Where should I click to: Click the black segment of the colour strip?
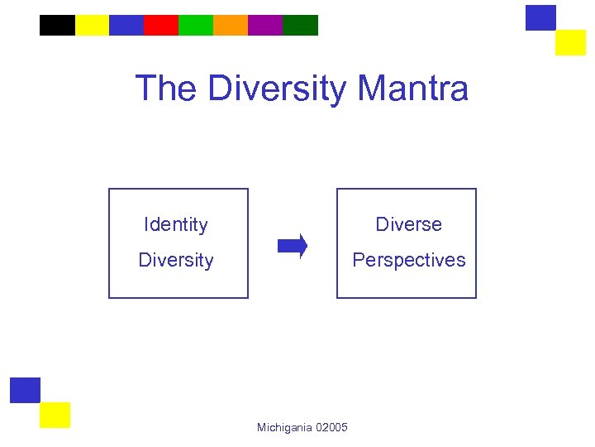point(57,26)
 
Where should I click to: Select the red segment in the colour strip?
point(161,26)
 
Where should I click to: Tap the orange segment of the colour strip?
point(231,26)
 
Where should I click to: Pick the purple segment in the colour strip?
point(265,26)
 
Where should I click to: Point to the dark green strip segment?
point(300,26)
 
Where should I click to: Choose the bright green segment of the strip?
point(196,26)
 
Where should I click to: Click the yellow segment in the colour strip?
point(92,26)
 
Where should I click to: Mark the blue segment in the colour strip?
point(126,26)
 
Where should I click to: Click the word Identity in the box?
point(175,224)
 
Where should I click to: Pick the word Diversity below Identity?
point(175,260)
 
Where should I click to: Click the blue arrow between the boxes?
point(292,246)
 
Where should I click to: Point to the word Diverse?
point(408,224)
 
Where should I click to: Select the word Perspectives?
point(408,260)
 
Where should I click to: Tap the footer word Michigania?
point(284,427)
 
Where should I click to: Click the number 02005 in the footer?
point(331,427)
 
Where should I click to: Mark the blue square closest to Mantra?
point(540,18)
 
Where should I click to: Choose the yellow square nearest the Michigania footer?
point(55,415)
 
